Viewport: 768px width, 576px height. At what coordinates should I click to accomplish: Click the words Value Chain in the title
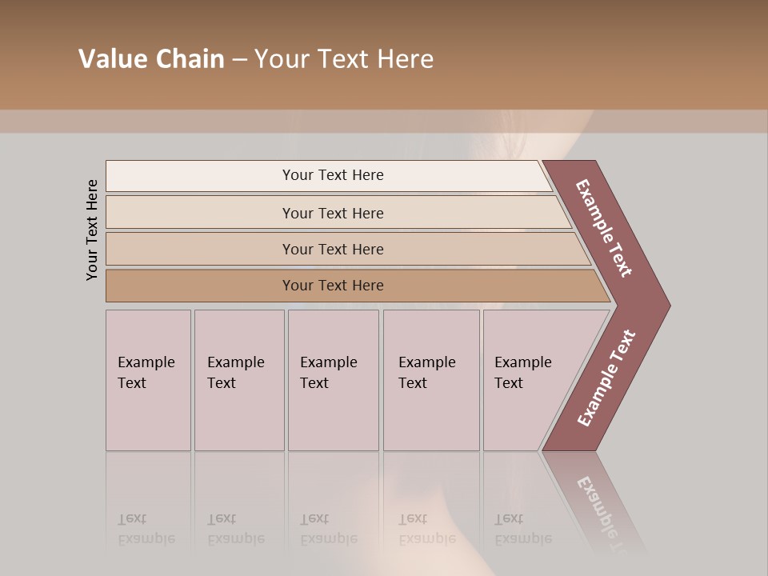(151, 59)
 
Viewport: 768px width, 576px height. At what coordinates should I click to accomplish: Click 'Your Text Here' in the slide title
(344, 59)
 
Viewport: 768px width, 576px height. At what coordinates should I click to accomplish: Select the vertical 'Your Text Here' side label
(93, 230)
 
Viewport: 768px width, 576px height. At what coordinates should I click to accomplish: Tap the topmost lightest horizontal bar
(333, 175)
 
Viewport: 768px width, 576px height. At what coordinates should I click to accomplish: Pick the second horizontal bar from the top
(333, 213)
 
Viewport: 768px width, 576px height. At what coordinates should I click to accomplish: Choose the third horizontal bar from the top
(333, 249)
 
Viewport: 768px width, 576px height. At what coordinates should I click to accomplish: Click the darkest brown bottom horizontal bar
(333, 286)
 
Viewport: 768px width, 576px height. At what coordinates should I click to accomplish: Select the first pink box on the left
(148, 380)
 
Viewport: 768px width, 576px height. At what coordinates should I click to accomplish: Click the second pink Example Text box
(238, 380)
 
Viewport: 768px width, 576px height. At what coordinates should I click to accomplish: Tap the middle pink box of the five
(332, 380)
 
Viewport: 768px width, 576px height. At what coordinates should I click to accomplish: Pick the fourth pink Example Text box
(430, 380)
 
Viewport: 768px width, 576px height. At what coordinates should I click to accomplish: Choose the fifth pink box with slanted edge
(528, 380)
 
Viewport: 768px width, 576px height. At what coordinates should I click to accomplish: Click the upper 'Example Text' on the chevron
(604, 228)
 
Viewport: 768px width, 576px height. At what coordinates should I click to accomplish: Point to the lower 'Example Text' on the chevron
(606, 378)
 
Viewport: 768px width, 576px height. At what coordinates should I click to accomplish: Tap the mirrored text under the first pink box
(146, 529)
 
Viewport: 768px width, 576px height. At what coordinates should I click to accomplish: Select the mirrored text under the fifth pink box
(522, 529)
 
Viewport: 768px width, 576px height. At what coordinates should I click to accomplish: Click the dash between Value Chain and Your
(239, 60)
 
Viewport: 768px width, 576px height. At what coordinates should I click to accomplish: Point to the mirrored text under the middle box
(328, 529)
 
